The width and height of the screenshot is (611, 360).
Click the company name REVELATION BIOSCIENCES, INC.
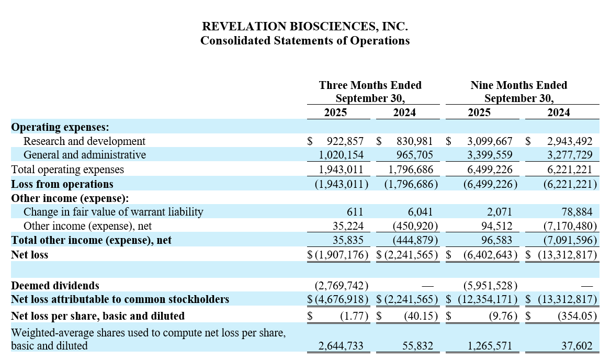[305, 26]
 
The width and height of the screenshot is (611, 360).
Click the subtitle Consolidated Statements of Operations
[305, 40]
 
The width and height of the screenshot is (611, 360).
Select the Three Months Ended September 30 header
[370, 92]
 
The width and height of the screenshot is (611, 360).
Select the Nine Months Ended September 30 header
[518, 92]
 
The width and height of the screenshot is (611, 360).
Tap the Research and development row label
[84, 141]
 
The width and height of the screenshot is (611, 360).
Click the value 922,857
[345, 141]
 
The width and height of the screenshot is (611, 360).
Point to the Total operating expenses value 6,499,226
[487, 170]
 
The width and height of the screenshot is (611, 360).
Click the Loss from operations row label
[62, 184]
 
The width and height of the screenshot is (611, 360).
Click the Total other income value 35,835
[348, 240]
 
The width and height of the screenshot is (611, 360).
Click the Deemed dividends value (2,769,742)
[341, 286]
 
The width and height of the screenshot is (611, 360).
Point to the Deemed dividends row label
[55, 286]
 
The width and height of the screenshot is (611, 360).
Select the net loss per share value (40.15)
[421, 316]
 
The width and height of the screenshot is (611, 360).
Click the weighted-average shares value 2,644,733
[341, 346]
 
